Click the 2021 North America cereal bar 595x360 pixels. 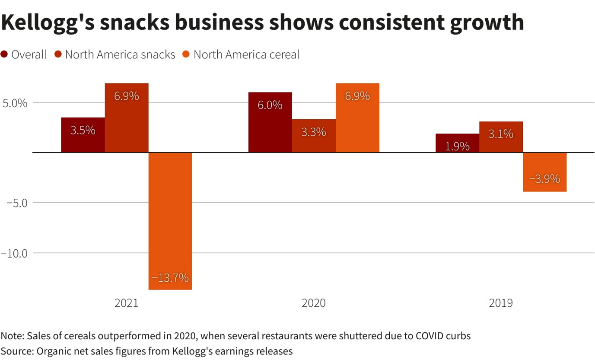coord(170,220)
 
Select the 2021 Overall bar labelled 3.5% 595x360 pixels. coord(83,135)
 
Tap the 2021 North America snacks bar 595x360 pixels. coord(127,118)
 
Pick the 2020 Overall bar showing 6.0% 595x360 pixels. coord(270,122)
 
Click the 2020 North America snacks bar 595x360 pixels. coord(314,136)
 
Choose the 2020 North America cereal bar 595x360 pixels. coord(357,118)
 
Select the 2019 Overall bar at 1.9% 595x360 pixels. coord(457,143)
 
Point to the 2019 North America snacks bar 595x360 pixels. coord(501,137)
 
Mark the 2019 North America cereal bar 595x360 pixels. coord(544,172)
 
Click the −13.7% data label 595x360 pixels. coord(170,278)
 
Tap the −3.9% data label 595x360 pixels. coord(544,178)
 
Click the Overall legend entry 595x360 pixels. coord(24,55)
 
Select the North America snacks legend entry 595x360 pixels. coord(115,55)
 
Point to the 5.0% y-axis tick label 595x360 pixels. coord(15,104)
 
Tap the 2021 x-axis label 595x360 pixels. coord(127,303)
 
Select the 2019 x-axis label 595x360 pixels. coord(501,303)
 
